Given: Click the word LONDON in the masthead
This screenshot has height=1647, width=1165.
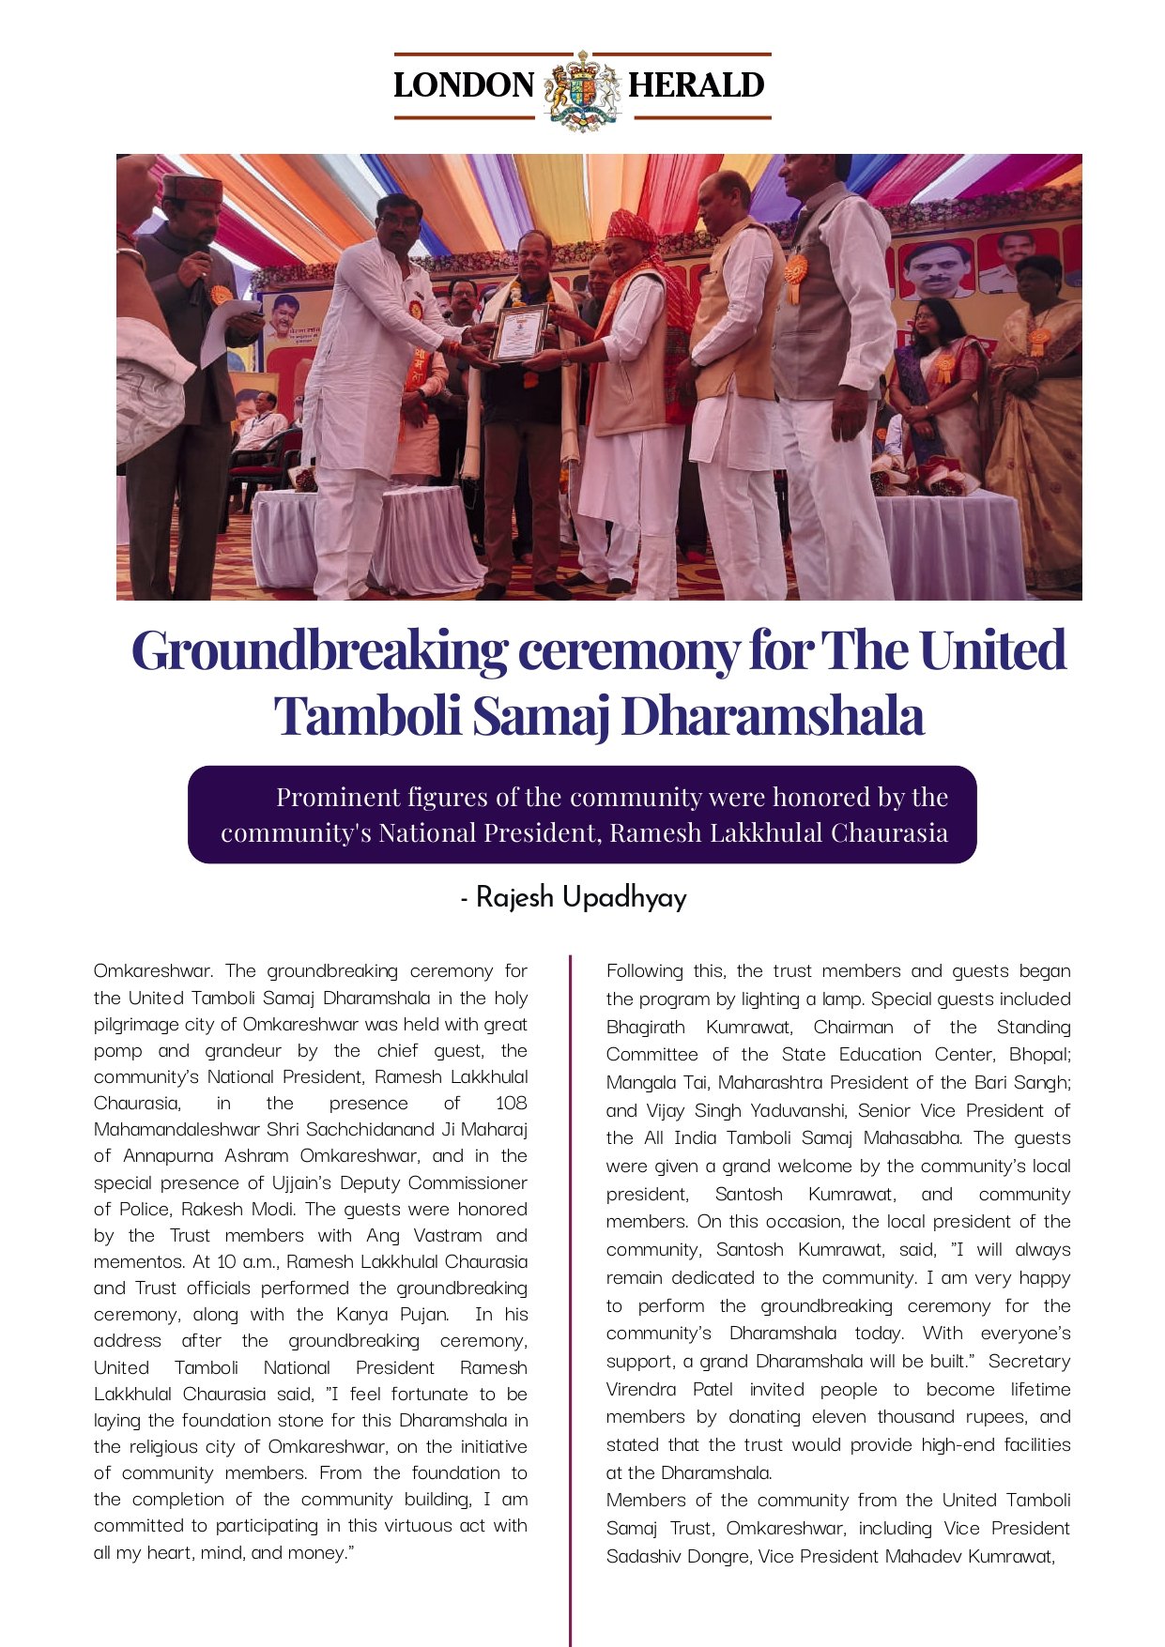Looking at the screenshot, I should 464,85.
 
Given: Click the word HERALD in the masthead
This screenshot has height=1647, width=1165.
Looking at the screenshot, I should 696,85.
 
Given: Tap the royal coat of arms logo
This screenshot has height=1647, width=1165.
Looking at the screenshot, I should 582,90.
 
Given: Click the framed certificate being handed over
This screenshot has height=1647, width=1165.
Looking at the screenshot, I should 519,332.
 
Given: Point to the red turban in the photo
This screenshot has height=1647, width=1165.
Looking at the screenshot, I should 630,225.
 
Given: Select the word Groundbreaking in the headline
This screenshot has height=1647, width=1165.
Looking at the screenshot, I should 319,650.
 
